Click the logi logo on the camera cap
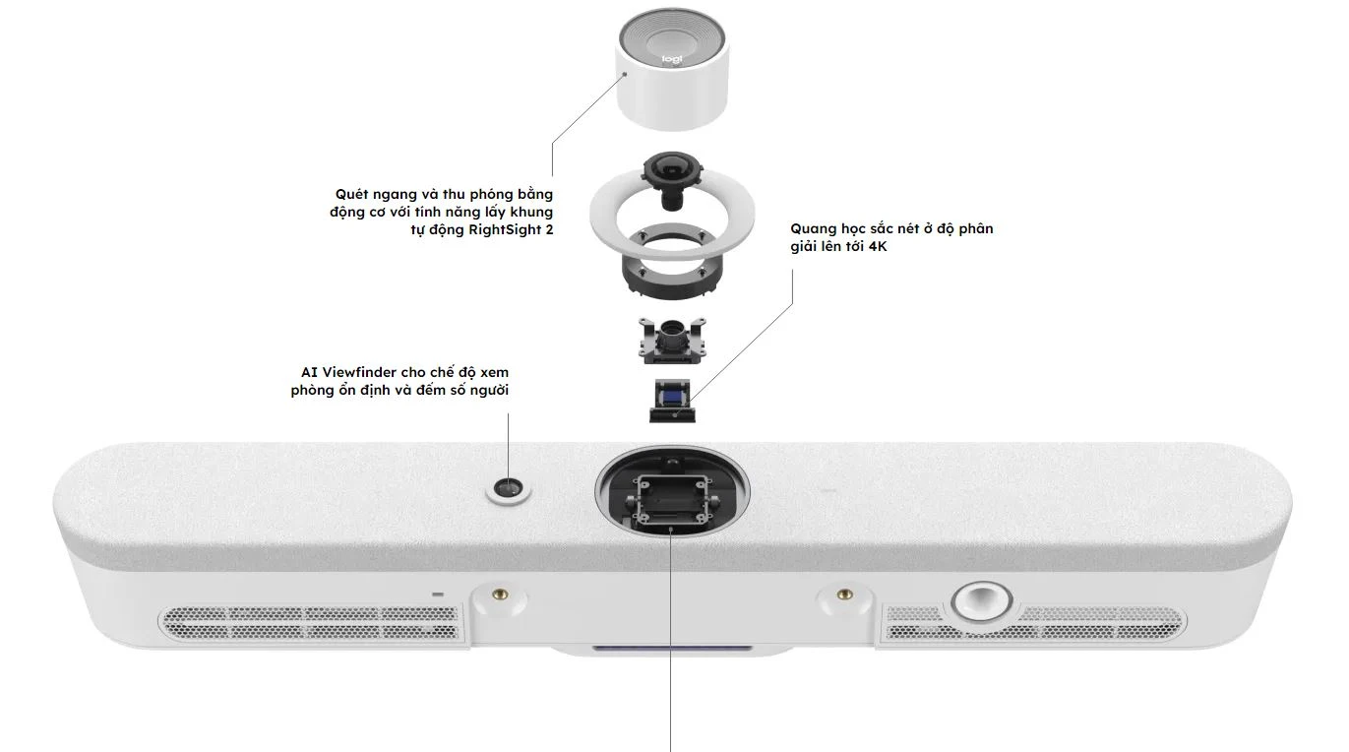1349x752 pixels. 671,58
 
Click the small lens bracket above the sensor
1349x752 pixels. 673,338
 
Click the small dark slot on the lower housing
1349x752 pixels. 437,595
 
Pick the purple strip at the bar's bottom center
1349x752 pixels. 672,650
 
